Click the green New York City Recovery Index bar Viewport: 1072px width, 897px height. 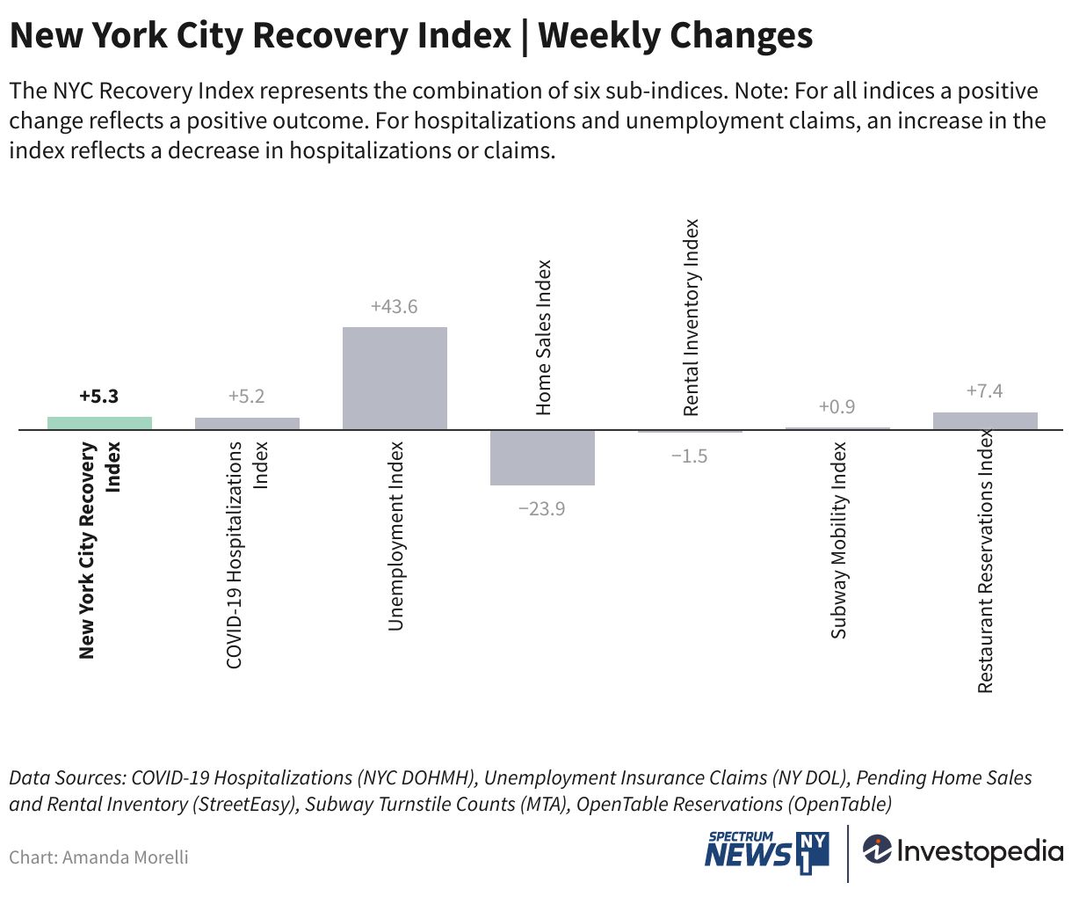(x=99, y=423)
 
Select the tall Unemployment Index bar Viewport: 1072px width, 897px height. (x=395, y=378)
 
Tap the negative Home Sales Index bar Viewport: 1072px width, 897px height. (x=542, y=457)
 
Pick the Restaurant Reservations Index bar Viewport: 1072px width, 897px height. (x=985, y=421)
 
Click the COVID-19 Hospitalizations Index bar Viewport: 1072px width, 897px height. (x=247, y=424)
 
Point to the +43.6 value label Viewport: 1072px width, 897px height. (x=395, y=307)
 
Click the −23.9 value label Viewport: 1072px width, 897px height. (x=542, y=508)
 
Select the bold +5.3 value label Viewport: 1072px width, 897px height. (x=98, y=397)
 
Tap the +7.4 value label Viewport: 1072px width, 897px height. (x=984, y=391)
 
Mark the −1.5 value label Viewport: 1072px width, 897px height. (x=689, y=456)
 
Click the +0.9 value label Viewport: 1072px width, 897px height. (x=837, y=407)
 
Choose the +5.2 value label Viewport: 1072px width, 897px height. (x=246, y=397)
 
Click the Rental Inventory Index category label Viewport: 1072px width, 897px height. (x=692, y=317)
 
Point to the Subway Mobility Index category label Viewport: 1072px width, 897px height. (x=839, y=540)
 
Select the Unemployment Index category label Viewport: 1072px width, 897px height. (x=395, y=536)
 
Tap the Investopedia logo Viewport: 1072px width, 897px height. (x=962, y=850)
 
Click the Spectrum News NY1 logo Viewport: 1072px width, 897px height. (x=766, y=851)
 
